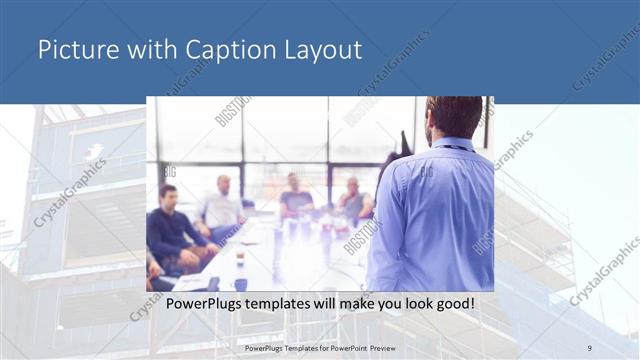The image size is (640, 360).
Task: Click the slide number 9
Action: tap(589, 347)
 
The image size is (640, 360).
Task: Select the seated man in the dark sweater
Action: tap(172, 225)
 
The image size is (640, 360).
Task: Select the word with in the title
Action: tap(142, 50)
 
